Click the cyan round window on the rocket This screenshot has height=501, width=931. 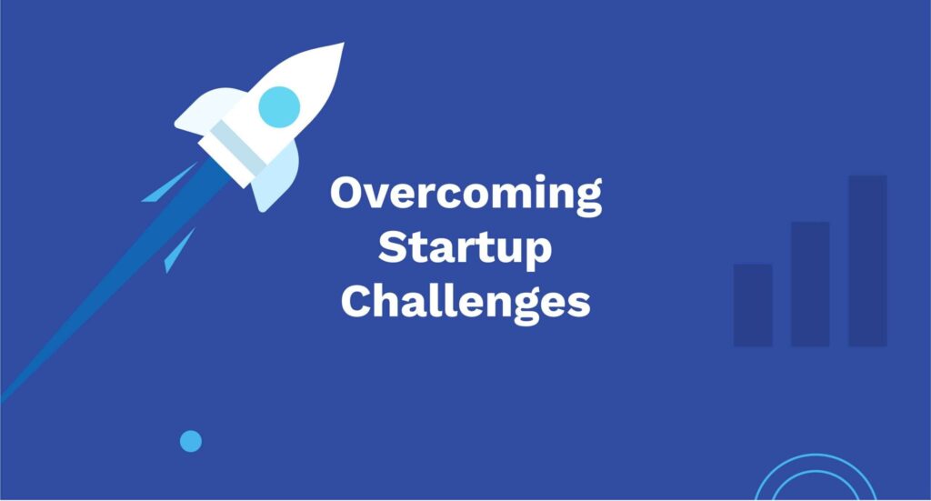[x=279, y=106]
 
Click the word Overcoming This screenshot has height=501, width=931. [x=465, y=195]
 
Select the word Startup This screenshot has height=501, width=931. [x=465, y=249]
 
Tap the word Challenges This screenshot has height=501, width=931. [x=465, y=302]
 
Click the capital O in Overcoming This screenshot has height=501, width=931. [x=346, y=195]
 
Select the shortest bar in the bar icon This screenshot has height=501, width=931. [x=753, y=305]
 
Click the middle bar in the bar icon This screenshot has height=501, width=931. [x=810, y=284]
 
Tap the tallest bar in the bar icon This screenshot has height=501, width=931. [x=867, y=261]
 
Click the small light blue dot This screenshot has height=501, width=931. [x=191, y=442]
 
